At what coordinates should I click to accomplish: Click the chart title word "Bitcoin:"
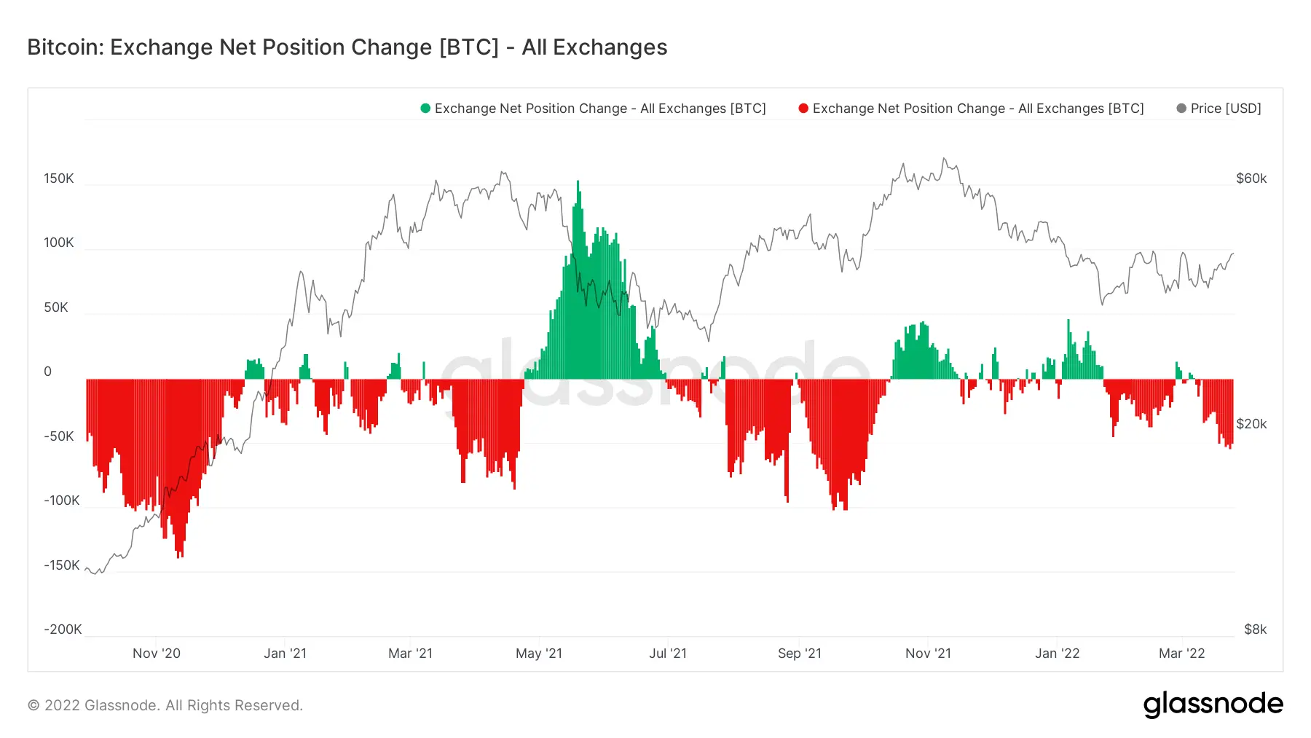tap(66, 47)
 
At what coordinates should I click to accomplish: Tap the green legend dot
tap(425, 109)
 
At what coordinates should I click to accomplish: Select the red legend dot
tap(803, 109)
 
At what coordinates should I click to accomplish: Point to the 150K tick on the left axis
tap(59, 178)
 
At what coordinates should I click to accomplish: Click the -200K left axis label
tap(63, 629)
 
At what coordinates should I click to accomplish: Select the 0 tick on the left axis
tap(48, 372)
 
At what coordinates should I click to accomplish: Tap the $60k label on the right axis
tap(1251, 178)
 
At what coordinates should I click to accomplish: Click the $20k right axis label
tap(1251, 424)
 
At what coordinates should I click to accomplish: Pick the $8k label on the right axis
tap(1255, 629)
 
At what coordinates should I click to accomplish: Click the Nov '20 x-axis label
tap(157, 653)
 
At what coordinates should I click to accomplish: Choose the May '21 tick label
tap(539, 653)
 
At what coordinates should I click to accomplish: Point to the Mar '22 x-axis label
tap(1181, 653)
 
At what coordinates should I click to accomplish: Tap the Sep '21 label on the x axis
tap(799, 653)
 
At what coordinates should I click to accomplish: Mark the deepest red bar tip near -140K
tap(179, 555)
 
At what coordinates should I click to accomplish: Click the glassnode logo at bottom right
tap(1213, 704)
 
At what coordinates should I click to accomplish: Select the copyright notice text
tap(165, 705)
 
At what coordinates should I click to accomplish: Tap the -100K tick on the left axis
tap(62, 500)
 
